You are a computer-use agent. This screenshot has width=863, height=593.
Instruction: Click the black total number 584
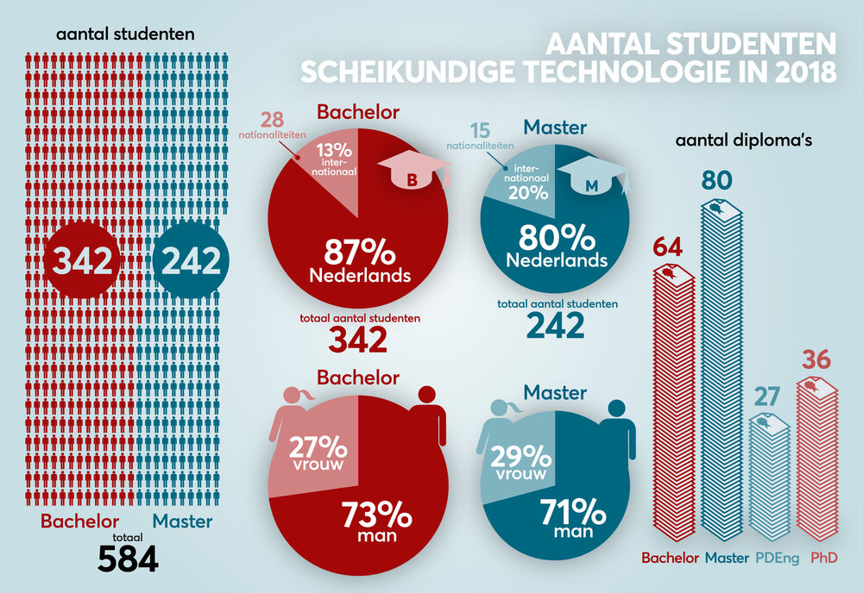[x=128, y=558]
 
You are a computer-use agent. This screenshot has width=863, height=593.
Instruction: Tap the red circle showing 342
[x=79, y=259]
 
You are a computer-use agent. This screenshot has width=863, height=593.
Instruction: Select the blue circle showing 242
[x=186, y=259]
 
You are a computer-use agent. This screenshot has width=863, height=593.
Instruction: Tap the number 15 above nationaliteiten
[x=480, y=132]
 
